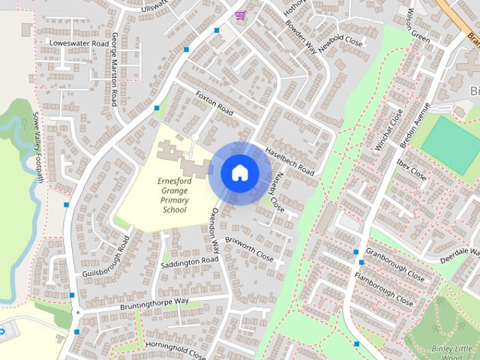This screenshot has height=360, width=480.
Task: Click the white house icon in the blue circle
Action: [239, 172]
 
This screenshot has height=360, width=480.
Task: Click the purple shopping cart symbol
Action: [240, 16]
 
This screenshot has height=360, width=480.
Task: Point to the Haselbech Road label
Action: [289, 160]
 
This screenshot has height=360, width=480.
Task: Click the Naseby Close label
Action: [276, 191]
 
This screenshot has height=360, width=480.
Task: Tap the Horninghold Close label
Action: [175, 349]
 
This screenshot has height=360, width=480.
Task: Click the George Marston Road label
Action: [115, 69]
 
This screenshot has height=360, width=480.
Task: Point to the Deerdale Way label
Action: [458, 253]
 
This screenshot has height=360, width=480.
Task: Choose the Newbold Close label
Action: [340, 41]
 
